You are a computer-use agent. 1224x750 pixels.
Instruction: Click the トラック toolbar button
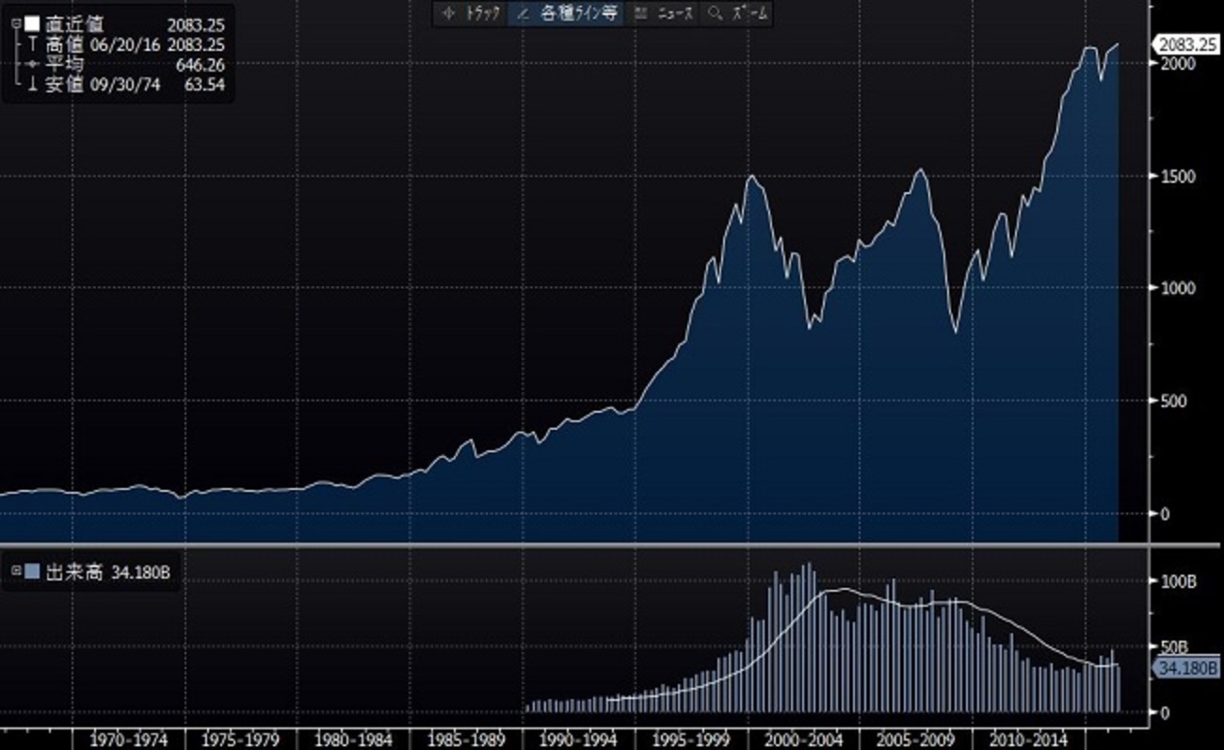(x=471, y=13)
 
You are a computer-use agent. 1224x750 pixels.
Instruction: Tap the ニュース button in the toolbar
(x=665, y=13)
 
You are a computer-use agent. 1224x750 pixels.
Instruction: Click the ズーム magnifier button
(x=740, y=13)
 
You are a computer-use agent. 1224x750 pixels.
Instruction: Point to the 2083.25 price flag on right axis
(x=1186, y=43)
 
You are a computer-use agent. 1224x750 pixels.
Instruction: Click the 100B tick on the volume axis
(x=1176, y=581)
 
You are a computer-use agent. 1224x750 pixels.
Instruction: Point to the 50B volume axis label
(x=1173, y=647)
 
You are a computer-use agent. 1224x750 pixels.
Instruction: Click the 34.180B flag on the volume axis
(x=1185, y=668)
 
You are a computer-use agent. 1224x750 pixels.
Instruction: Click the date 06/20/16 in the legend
(x=124, y=44)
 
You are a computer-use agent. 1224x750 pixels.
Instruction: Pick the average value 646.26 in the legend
(x=201, y=65)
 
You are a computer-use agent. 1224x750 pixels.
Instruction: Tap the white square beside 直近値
(x=31, y=24)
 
